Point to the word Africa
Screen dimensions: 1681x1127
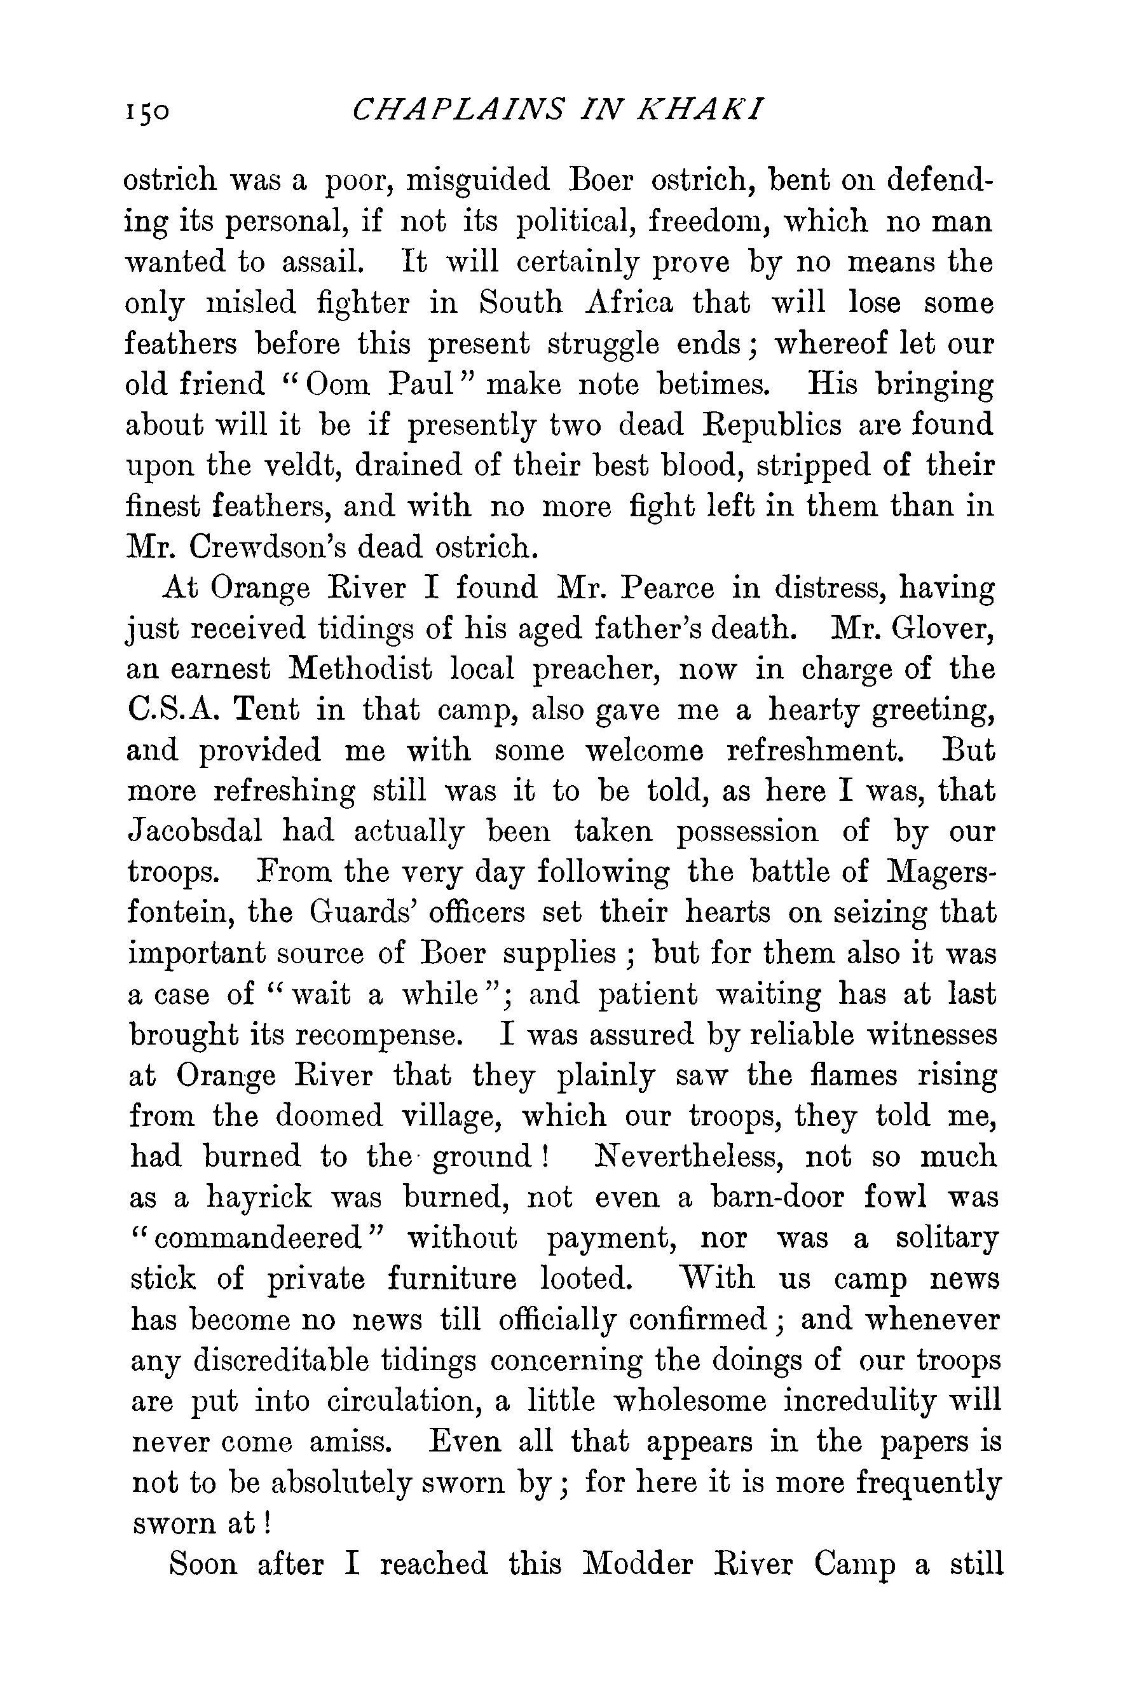[x=630, y=303]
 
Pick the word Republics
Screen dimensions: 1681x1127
[x=770, y=425]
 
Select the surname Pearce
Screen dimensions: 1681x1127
[x=667, y=589]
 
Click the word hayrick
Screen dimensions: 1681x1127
[x=259, y=1198]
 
